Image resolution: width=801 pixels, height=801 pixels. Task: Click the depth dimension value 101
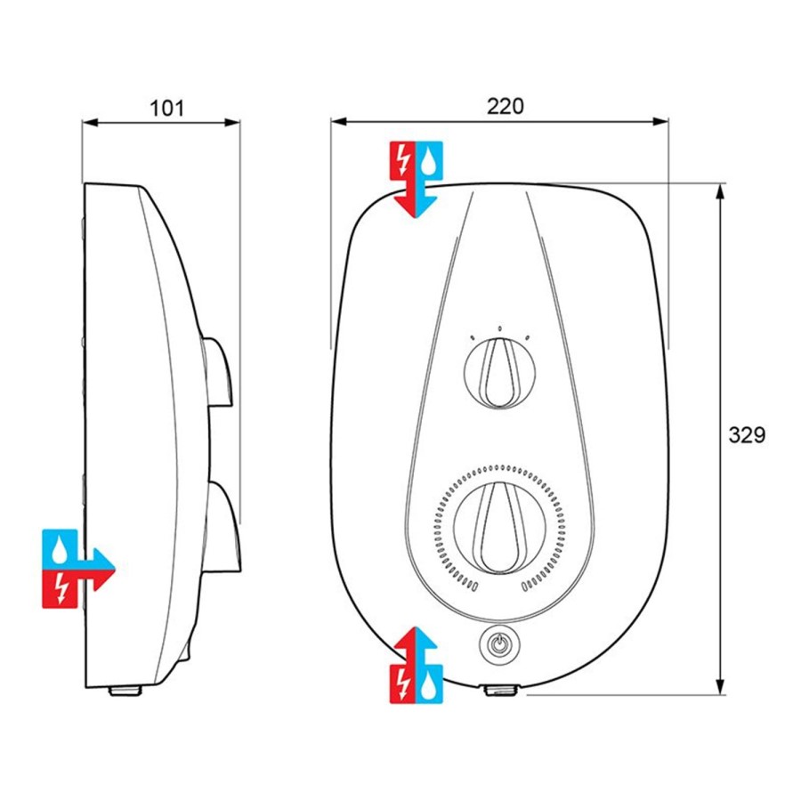coord(166,108)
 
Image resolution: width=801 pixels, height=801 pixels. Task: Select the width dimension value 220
coord(505,106)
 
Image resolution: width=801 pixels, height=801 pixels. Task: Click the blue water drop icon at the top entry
coord(431,160)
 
